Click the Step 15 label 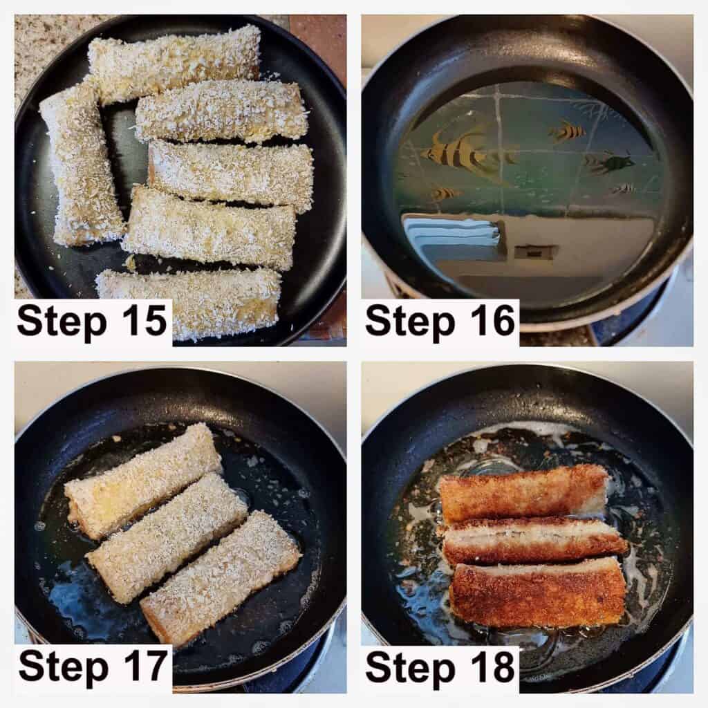click(92, 321)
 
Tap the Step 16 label click(440, 321)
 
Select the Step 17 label click(93, 667)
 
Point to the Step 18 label click(440, 667)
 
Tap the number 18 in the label click(492, 667)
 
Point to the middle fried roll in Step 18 click(535, 542)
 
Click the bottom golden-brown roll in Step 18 click(538, 593)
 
